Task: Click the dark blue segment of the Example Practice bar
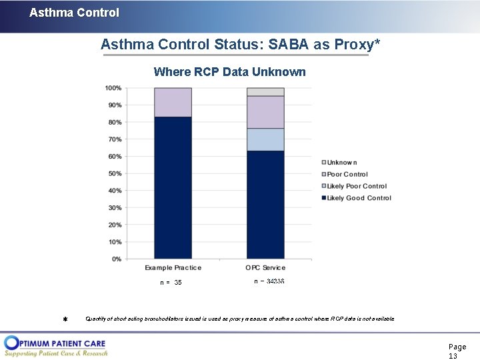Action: (x=173, y=187)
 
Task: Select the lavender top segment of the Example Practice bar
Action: (x=173, y=102)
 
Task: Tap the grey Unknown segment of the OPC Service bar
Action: (x=265, y=91)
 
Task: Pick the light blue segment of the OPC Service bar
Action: (x=265, y=139)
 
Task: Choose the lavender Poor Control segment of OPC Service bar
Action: (x=265, y=112)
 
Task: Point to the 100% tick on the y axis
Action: (x=113, y=88)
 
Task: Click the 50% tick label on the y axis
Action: (x=114, y=173)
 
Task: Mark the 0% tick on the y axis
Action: (x=116, y=259)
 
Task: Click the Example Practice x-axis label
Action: (x=173, y=268)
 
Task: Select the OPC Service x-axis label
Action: (x=265, y=268)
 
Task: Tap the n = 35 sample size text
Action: (x=171, y=283)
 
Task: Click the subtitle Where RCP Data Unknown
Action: (x=229, y=72)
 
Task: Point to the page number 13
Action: (x=453, y=356)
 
